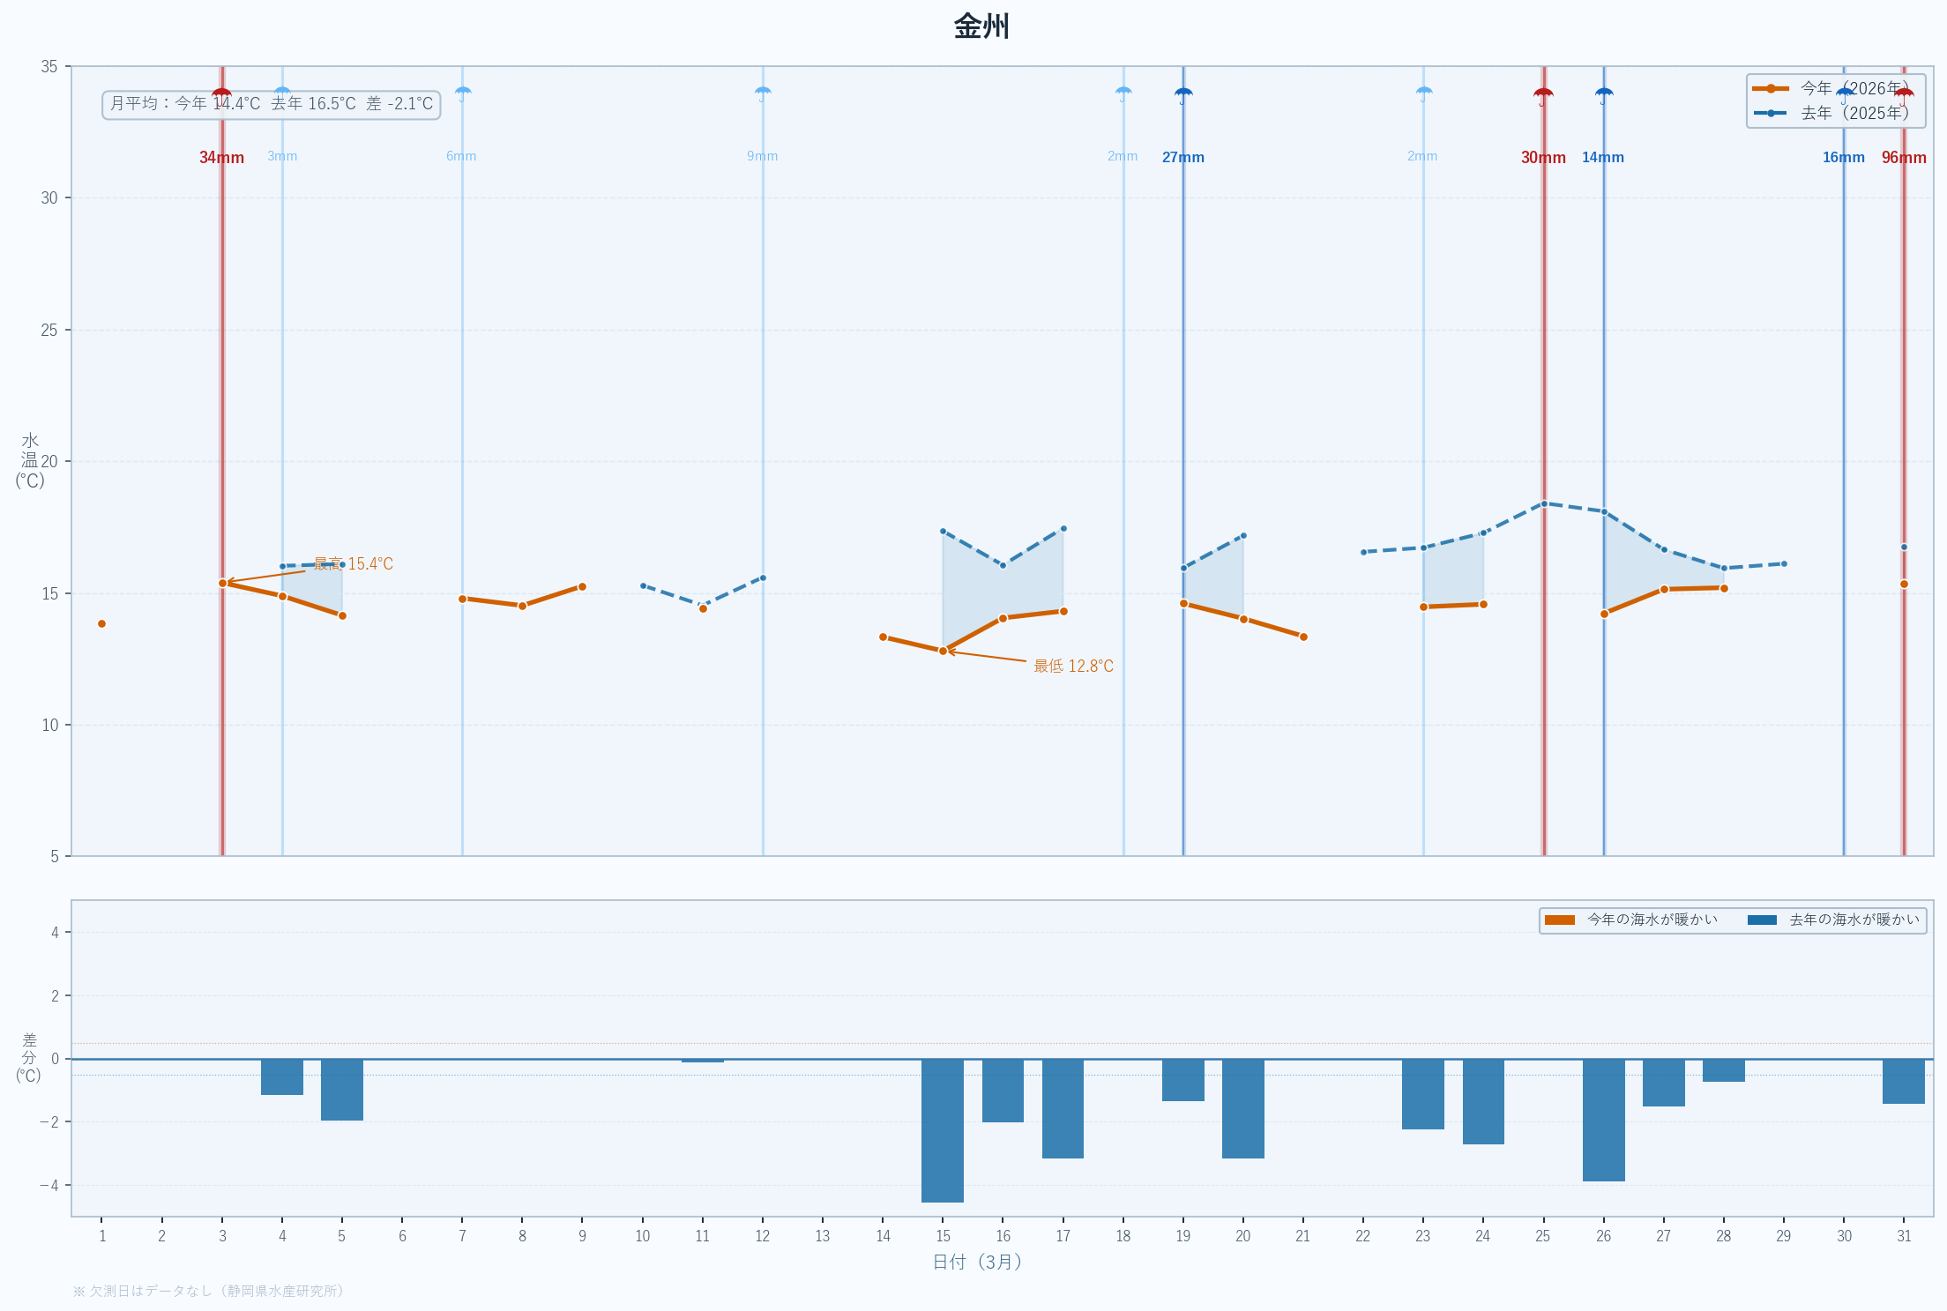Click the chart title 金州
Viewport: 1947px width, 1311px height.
(x=981, y=26)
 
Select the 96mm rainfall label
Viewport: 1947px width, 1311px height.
(x=1904, y=158)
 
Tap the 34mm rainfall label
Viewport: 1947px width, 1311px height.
(x=221, y=158)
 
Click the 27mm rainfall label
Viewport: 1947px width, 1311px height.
(x=1182, y=158)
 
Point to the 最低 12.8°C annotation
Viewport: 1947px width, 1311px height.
(x=1073, y=667)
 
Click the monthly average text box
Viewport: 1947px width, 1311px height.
(x=272, y=104)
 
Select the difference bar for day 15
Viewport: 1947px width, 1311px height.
(x=943, y=1130)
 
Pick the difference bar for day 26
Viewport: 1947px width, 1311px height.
(x=1603, y=1120)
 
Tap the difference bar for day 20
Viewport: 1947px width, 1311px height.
(x=1242, y=1108)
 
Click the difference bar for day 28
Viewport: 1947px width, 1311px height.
(x=1723, y=1070)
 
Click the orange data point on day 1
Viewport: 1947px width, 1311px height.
(x=101, y=624)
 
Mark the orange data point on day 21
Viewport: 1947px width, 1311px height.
(x=1303, y=637)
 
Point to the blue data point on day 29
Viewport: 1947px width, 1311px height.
(x=1784, y=563)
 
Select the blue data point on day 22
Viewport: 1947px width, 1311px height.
(x=1363, y=552)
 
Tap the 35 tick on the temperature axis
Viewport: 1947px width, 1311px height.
(x=49, y=67)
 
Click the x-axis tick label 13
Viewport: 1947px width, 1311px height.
(x=823, y=1236)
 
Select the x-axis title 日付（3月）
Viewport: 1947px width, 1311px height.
(x=978, y=1262)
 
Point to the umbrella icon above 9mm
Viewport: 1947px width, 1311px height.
(x=763, y=93)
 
